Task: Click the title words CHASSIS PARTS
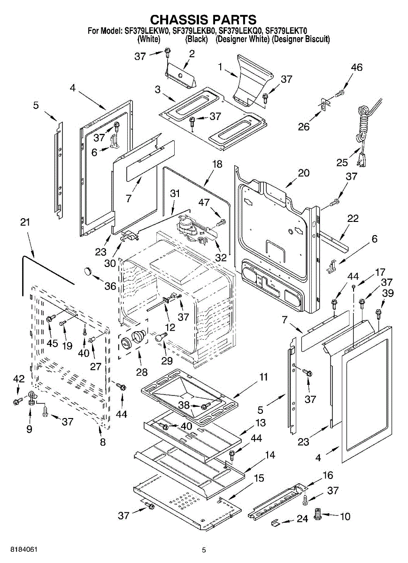point(203,20)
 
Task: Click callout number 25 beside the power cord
point(342,163)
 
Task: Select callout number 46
point(356,68)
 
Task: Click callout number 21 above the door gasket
point(25,222)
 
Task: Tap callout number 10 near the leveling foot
point(345,517)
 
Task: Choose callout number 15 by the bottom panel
point(259,479)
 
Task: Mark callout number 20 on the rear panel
point(303,173)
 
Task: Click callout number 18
point(216,164)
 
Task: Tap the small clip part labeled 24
point(277,522)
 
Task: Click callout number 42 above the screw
point(18,379)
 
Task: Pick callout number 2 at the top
point(191,54)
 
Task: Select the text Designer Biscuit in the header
point(301,39)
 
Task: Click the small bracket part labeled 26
point(323,105)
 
